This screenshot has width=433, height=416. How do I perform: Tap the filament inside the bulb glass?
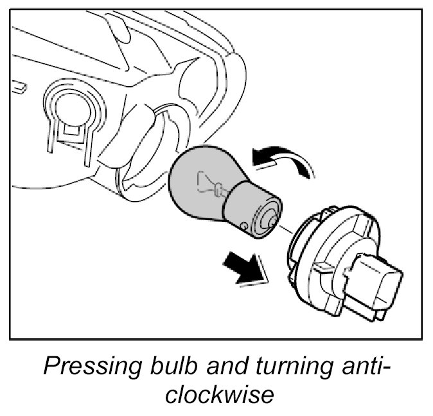coord(209,184)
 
